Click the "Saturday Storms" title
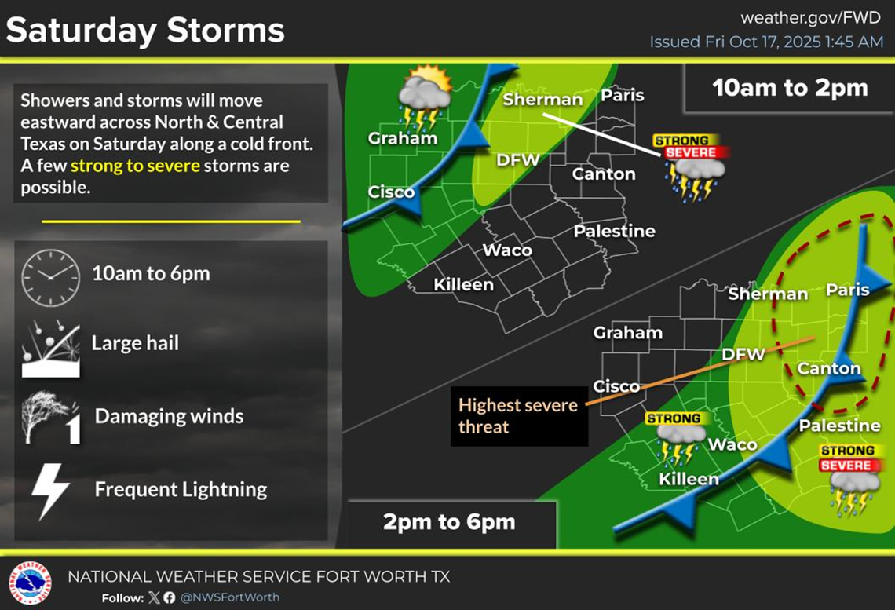coord(145,31)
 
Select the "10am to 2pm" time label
coord(790,87)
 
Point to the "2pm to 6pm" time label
coord(449,522)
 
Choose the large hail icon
coord(50,346)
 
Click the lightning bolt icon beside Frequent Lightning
coord(50,491)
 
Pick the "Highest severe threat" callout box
coord(518,416)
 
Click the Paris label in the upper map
coord(622,96)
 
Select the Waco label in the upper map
coord(506,250)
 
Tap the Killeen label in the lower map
coord(689,479)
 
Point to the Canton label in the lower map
coord(829,368)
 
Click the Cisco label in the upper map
coord(391,193)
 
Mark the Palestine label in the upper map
coord(614,231)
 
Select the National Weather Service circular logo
coord(29,583)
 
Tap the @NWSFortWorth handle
coord(230,597)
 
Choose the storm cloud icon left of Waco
coord(676,438)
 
